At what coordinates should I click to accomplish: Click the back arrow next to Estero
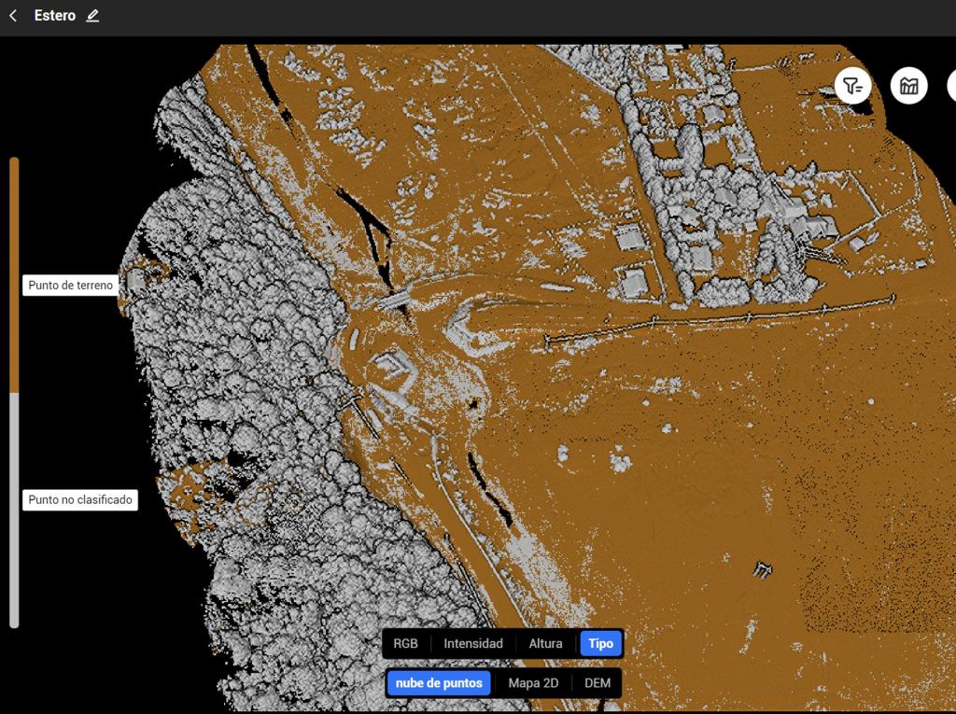[13, 16]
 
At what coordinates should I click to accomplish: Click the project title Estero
[55, 16]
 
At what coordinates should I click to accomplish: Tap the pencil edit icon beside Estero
[91, 16]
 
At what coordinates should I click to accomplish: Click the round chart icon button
[908, 86]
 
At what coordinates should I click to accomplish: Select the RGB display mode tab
[405, 643]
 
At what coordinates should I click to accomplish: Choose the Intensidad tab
[472, 643]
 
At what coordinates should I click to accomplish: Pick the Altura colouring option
[545, 643]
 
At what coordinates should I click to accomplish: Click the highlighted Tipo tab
[600, 643]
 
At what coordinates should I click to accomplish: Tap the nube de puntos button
[439, 683]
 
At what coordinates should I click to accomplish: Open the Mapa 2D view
[533, 683]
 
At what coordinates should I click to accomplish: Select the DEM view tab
[597, 683]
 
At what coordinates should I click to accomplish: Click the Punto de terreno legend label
[70, 286]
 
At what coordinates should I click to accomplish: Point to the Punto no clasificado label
[79, 500]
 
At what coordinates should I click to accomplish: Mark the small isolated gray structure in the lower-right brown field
[764, 569]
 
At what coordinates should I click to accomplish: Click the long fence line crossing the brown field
[719, 317]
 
